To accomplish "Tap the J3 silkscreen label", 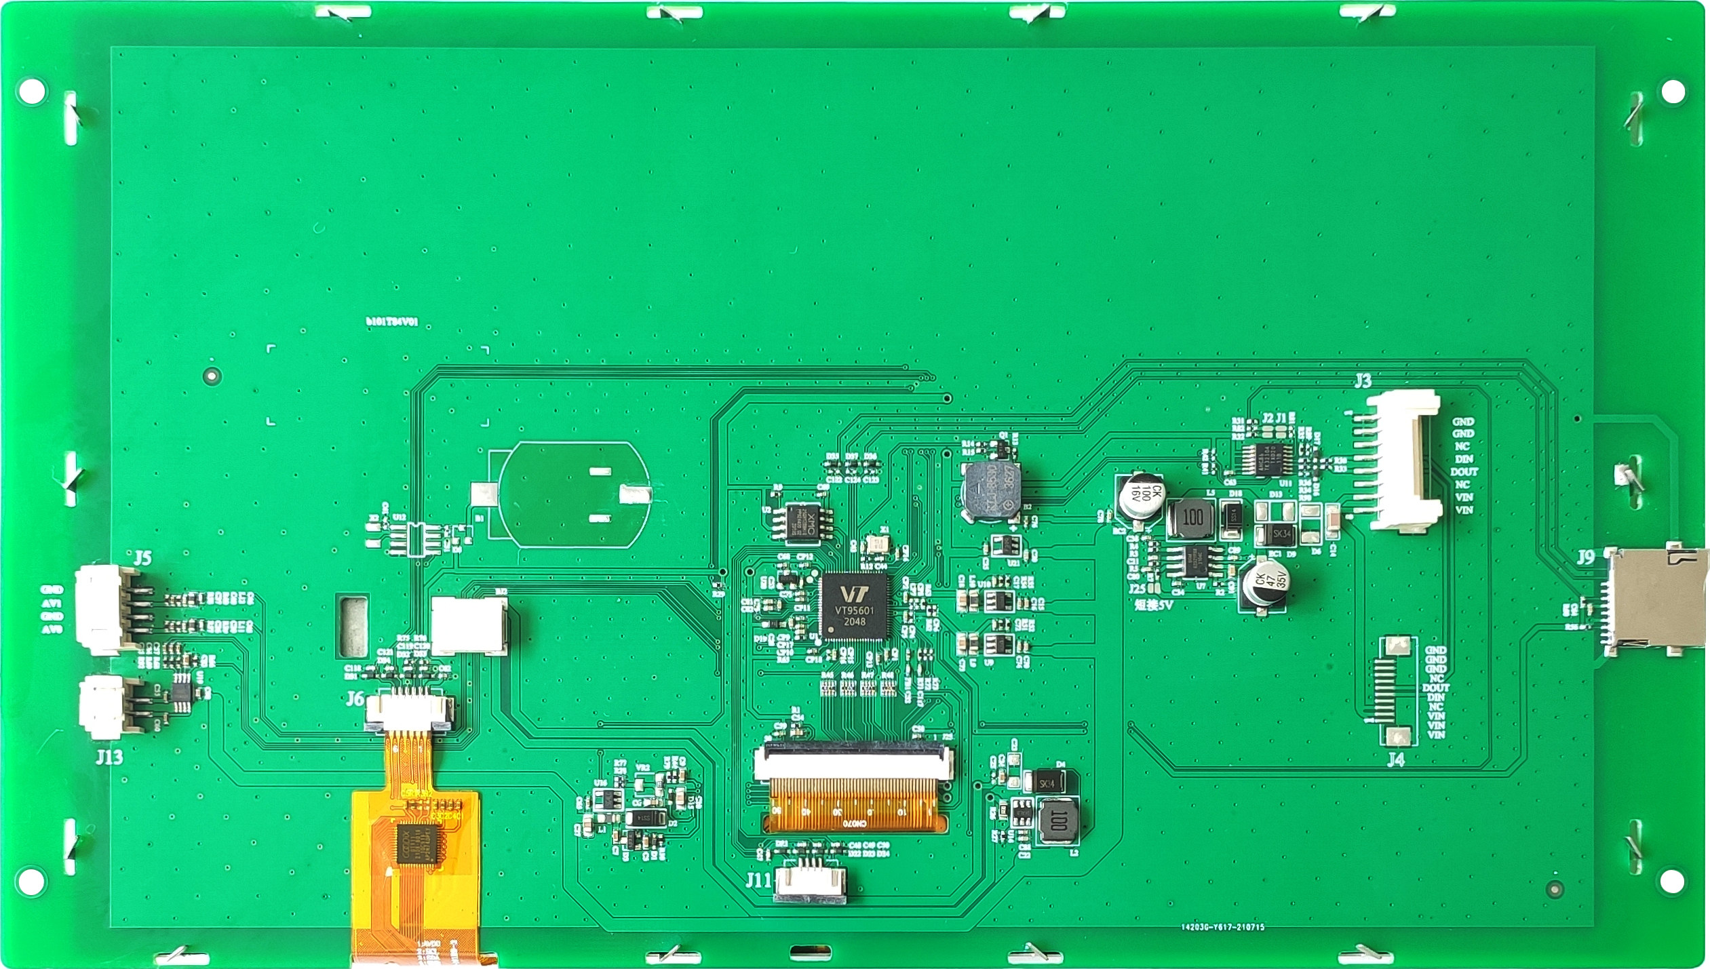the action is coord(1363,380).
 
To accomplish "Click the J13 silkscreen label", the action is coord(109,756).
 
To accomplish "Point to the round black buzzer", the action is coord(990,492).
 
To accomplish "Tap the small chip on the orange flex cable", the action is coord(416,844).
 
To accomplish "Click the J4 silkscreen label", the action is coord(1395,759).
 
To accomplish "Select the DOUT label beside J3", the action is coord(1464,471).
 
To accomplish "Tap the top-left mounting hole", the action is coord(31,90).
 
